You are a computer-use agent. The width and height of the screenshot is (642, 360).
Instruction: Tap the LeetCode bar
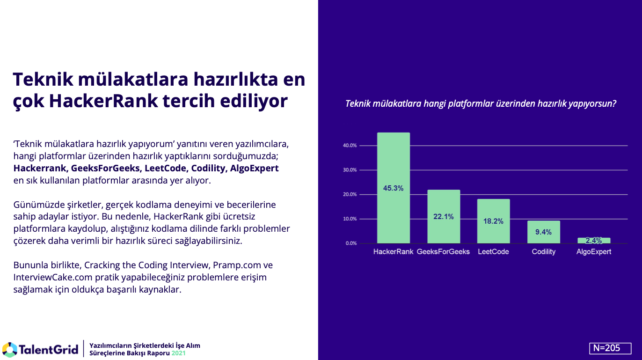493,234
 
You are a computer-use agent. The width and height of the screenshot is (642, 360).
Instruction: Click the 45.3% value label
393,188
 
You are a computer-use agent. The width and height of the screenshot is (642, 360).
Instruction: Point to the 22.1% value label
443,216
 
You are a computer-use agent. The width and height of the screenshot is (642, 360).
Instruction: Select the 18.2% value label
493,221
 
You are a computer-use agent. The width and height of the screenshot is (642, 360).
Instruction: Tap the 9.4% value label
543,232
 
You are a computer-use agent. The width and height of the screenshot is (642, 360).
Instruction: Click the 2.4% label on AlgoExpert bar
593,241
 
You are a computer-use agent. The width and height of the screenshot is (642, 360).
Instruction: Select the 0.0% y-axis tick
351,243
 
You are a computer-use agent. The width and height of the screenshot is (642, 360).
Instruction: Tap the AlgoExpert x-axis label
593,252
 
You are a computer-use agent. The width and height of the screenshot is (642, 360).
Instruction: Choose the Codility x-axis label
543,252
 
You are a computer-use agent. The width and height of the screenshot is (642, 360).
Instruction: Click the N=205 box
610,348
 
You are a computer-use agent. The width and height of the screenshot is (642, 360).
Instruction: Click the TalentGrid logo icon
10,350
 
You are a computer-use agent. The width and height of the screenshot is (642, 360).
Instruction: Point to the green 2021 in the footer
178,353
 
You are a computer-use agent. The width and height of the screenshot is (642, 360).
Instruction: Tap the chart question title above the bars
481,104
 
